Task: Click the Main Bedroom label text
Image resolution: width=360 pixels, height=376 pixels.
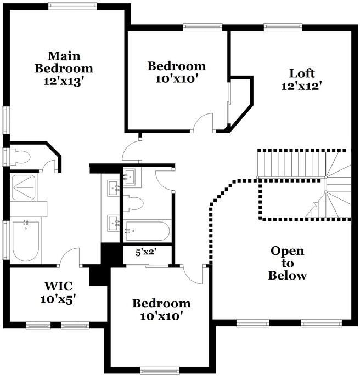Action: click(x=64, y=69)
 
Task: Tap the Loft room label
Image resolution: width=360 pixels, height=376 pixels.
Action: click(x=301, y=79)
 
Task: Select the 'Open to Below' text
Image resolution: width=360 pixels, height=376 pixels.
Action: click(x=287, y=263)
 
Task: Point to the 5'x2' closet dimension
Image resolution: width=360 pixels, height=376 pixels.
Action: click(x=146, y=253)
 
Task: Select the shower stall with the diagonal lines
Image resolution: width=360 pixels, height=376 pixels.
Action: click(x=24, y=187)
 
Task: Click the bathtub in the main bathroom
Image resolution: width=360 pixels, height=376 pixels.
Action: click(x=25, y=241)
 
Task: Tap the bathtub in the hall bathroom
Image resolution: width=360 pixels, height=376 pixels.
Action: click(x=147, y=231)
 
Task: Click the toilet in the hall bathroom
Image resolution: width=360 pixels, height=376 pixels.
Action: click(x=133, y=203)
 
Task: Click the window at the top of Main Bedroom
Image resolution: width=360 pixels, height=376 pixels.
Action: click(x=72, y=6)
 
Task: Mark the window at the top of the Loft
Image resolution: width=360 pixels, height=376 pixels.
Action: click(x=283, y=26)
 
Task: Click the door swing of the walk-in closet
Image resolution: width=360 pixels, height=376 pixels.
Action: click(x=71, y=258)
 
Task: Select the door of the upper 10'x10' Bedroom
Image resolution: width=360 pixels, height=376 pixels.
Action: click(x=204, y=123)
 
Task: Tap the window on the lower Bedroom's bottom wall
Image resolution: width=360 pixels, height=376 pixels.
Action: click(x=160, y=371)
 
